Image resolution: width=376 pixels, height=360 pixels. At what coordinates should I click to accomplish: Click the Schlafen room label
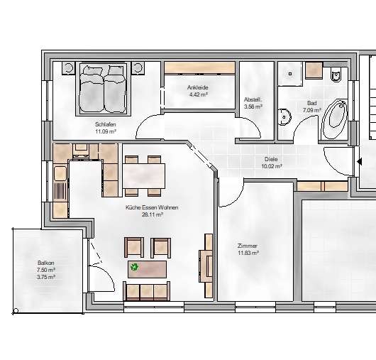[106, 124]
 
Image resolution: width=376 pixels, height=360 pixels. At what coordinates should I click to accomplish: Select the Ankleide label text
[198, 87]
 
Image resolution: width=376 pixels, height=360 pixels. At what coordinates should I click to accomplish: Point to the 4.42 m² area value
[198, 94]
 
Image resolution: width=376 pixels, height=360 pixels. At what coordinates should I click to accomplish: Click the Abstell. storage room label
[253, 99]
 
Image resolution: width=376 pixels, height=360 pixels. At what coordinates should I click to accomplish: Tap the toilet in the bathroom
[336, 74]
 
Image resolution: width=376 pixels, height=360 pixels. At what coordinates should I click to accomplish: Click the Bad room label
[311, 104]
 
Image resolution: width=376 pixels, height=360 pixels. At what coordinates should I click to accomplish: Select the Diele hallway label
[271, 159]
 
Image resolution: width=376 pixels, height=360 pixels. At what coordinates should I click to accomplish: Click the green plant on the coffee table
[135, 268]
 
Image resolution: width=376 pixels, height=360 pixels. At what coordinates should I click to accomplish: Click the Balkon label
[45, 263]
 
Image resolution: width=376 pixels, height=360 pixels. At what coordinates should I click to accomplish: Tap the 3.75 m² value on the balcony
[45, 277]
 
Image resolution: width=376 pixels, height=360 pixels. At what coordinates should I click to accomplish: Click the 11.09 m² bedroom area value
[106, 131]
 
